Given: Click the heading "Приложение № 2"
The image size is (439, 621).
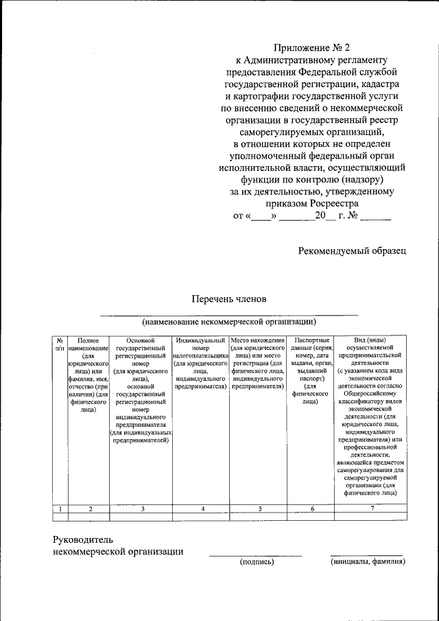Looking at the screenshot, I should tap(312, 47).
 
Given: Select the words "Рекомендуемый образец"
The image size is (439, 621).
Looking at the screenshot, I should tap(352, 250).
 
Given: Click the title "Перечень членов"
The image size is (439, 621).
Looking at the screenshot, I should tap(228, 298).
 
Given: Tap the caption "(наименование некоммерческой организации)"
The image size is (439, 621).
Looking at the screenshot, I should tap(228, 321).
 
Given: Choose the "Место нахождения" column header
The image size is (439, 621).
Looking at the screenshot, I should tap(258, 363).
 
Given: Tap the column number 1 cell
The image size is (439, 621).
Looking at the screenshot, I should tap(60, 508).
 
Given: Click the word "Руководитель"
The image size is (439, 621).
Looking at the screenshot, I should tap(84, 539).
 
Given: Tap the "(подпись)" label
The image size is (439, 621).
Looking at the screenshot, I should tap(257, 562).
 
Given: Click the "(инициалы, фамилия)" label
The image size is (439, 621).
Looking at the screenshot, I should tap(366, 562).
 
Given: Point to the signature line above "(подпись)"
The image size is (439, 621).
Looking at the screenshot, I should tap(255, 555).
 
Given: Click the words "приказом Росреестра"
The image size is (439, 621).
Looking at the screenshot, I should tap(312, 204).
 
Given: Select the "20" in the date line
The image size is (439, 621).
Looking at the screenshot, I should tap(320, 216).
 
